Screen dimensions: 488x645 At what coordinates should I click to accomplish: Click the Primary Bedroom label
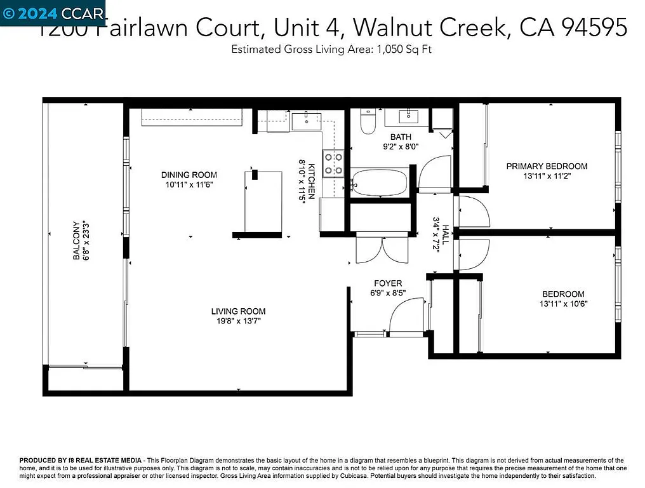[547, 166]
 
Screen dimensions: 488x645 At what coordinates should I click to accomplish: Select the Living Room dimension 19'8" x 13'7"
[238, 321]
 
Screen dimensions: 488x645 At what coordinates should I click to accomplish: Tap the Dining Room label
[189, 175]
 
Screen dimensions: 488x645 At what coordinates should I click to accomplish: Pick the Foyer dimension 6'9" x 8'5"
[388, 293]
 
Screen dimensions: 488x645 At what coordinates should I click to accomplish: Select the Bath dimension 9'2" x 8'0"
[401, 146]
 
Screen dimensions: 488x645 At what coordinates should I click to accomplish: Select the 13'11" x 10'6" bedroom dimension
[563, 303]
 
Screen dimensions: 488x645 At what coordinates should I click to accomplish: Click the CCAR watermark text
[82, 13]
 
